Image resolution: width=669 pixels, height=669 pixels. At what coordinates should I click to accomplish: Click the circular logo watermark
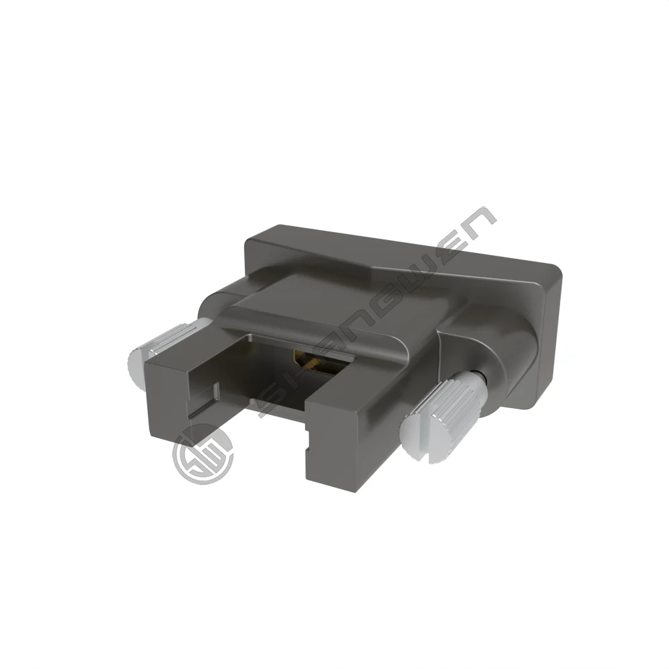[203, 454]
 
